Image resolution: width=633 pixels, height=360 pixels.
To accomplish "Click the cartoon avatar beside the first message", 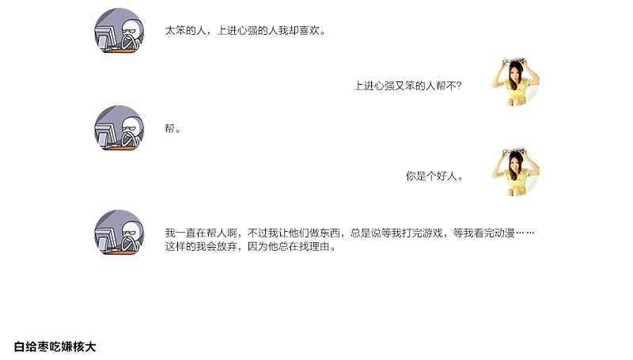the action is point(119,32).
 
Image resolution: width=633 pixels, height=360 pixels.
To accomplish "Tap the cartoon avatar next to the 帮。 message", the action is point(119,128).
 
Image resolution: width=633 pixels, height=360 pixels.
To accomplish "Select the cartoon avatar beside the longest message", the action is point(119,233).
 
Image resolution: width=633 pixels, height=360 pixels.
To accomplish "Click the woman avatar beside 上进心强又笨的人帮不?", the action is point(515,81).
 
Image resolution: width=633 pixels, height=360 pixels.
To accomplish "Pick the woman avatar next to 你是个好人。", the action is point(515,172).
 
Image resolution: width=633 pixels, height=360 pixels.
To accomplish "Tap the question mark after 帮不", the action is point(459,85).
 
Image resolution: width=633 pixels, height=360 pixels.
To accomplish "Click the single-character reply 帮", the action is point(169,128).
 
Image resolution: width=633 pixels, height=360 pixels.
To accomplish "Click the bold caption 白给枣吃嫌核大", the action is point(55,347).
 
